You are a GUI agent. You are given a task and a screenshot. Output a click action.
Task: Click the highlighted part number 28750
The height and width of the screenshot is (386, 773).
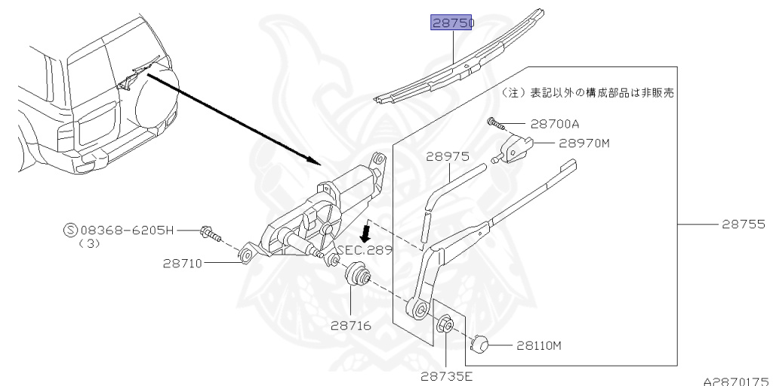[451, 23]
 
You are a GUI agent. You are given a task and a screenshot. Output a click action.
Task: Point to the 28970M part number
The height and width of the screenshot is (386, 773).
[584, 142]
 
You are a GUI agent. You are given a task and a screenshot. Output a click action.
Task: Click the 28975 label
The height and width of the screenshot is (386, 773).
[448, 157]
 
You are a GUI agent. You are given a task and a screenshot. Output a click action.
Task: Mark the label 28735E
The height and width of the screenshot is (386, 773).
[446, 372]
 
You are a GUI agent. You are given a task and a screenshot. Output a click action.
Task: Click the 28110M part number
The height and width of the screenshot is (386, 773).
[539, 347]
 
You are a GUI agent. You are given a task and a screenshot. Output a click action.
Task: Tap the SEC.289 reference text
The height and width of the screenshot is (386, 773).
[365, 250]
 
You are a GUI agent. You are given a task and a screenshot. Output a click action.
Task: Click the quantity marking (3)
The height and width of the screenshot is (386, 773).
[90, 244]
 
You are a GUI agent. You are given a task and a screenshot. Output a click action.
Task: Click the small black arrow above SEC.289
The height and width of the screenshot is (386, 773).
[366, 230]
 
